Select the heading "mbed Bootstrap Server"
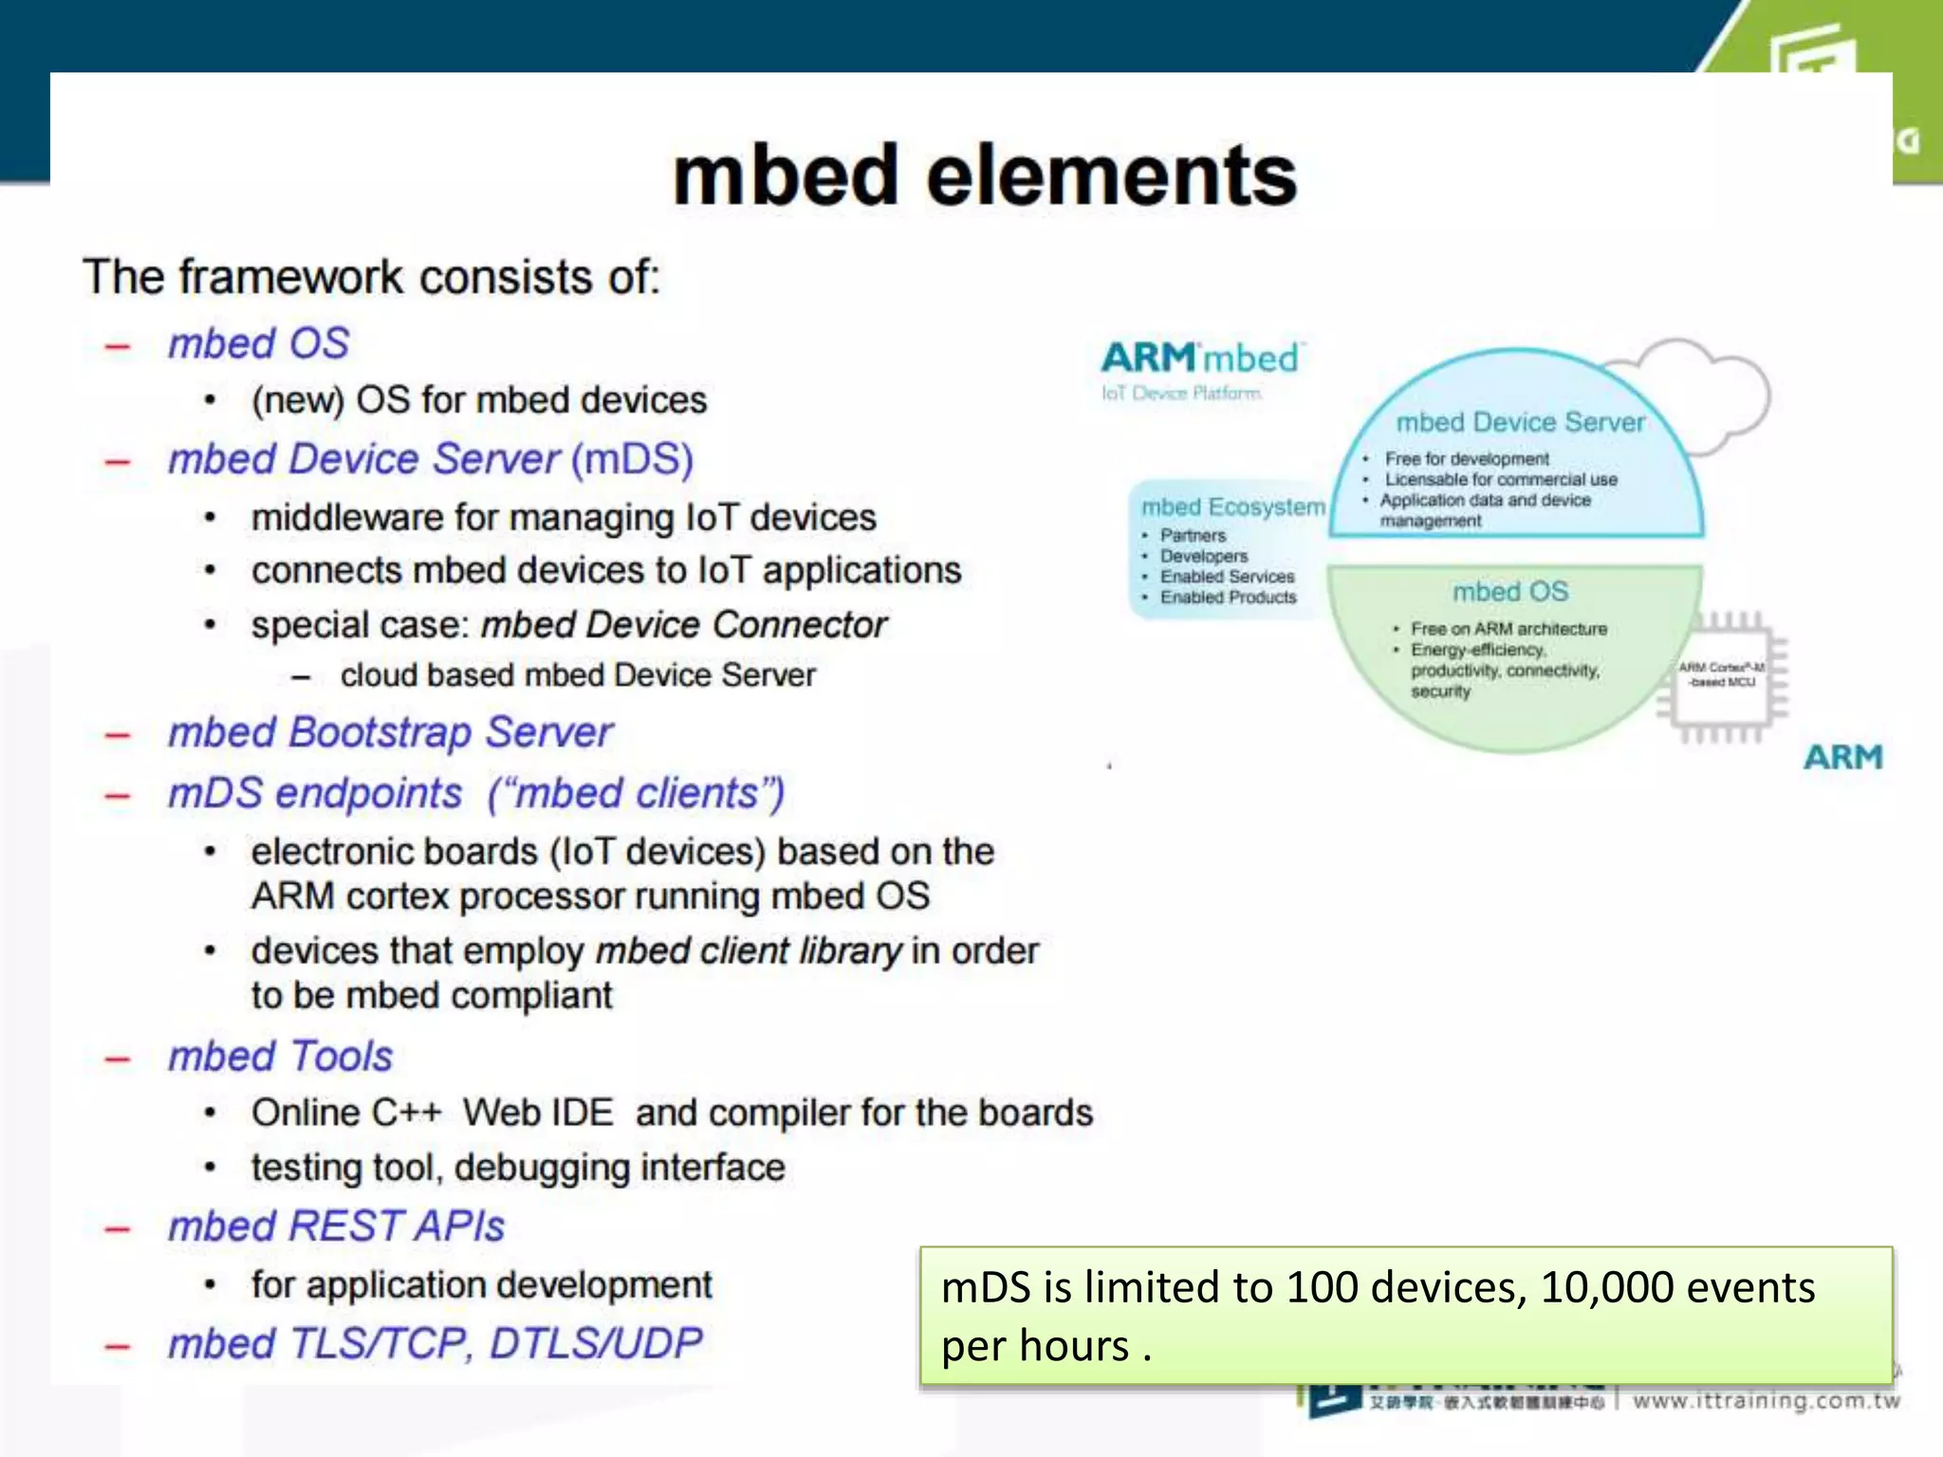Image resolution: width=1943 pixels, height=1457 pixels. coord(390,732)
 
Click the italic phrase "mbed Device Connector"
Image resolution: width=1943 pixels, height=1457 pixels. coord(683,625)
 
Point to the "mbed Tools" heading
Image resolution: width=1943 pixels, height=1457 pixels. coord(280,1056)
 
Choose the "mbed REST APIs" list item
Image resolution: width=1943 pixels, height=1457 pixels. coord(336,1226)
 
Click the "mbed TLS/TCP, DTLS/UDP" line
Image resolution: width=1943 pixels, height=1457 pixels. coord(435,1343)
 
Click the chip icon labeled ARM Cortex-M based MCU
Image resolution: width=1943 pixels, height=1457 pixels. coord(1722,676)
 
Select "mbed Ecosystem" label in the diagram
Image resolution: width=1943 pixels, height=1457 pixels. coord(1232,507)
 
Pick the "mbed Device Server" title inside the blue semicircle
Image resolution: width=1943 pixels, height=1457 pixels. coord(1520,422)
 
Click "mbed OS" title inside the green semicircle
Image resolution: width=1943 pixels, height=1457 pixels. coord(1510,592)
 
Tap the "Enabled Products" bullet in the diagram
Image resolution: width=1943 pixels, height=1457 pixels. coord(1228,598)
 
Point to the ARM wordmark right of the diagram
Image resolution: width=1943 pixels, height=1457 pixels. coord(1842,757)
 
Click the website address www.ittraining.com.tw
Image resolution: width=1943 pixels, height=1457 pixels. coord(1766,1401)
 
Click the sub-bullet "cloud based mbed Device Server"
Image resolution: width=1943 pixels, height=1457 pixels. coord(578,675)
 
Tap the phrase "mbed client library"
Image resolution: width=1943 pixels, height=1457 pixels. coord(749,950)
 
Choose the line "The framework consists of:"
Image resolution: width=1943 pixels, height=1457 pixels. coord(371,277)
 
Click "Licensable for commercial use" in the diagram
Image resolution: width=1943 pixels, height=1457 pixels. coord(1500,480)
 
